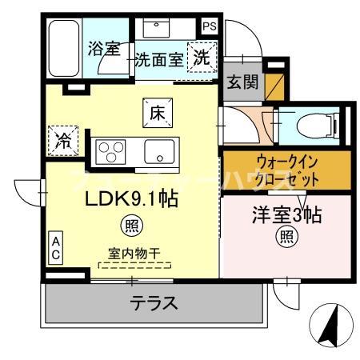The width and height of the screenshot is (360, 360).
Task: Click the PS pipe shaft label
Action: coord(209,26)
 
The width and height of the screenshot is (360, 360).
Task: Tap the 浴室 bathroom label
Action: coord(102,48)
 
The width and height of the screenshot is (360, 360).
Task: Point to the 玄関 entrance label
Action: coord(242,82)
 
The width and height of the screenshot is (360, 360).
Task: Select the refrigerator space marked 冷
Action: coord(62,140)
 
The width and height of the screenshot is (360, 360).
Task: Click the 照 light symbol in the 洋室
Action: coord(286,237)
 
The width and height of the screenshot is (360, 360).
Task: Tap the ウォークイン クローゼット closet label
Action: coord(286,170)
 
